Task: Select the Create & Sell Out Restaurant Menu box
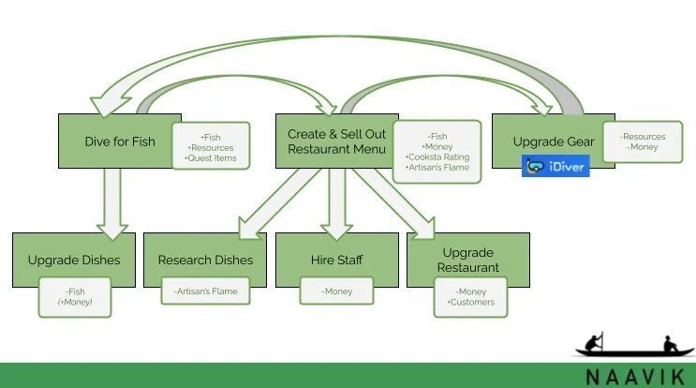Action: (337, 142)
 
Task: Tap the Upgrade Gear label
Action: (554, 142)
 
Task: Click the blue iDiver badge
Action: (555, 166)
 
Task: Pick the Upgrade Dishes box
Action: (74, 260)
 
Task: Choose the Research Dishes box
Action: (205, 260)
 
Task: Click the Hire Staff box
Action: (337, 260)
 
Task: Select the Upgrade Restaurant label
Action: (467, 260)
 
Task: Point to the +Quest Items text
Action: (211, 158)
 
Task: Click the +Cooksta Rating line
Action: (437, 157)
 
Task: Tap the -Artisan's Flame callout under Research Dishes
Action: (205, 291)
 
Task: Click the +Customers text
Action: (471, 303)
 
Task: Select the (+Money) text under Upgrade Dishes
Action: (75, 302)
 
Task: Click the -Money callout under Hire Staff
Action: (337, 291)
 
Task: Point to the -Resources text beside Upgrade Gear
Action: (643, 137)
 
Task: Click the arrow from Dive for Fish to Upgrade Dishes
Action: (112, 203)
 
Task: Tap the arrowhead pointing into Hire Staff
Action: (336, 230)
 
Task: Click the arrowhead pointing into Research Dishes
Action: (247, 228)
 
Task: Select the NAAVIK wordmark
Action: (636, 378)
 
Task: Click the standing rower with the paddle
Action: (594, 342)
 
